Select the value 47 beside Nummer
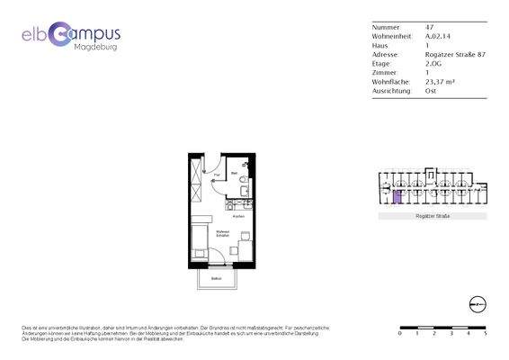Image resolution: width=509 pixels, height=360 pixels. [x=429, y=27]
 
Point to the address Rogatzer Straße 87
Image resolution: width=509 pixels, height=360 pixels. [x=455, y=54]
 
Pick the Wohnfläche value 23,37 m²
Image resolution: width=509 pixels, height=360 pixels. [x=440, y=81]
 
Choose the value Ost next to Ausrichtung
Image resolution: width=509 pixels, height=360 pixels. [x=431, y=90]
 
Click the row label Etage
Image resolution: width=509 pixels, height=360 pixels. [x=381, y=63]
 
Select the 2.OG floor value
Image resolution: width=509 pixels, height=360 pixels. [x=434, y=63]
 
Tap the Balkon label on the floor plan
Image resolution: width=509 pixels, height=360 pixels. [x=216, y=278]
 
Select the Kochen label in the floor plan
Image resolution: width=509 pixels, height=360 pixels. [x=238, y=216]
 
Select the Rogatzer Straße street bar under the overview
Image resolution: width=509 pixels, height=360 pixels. [x=432, y=218]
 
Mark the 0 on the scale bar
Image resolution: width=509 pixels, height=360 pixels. [x=400, y=333]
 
